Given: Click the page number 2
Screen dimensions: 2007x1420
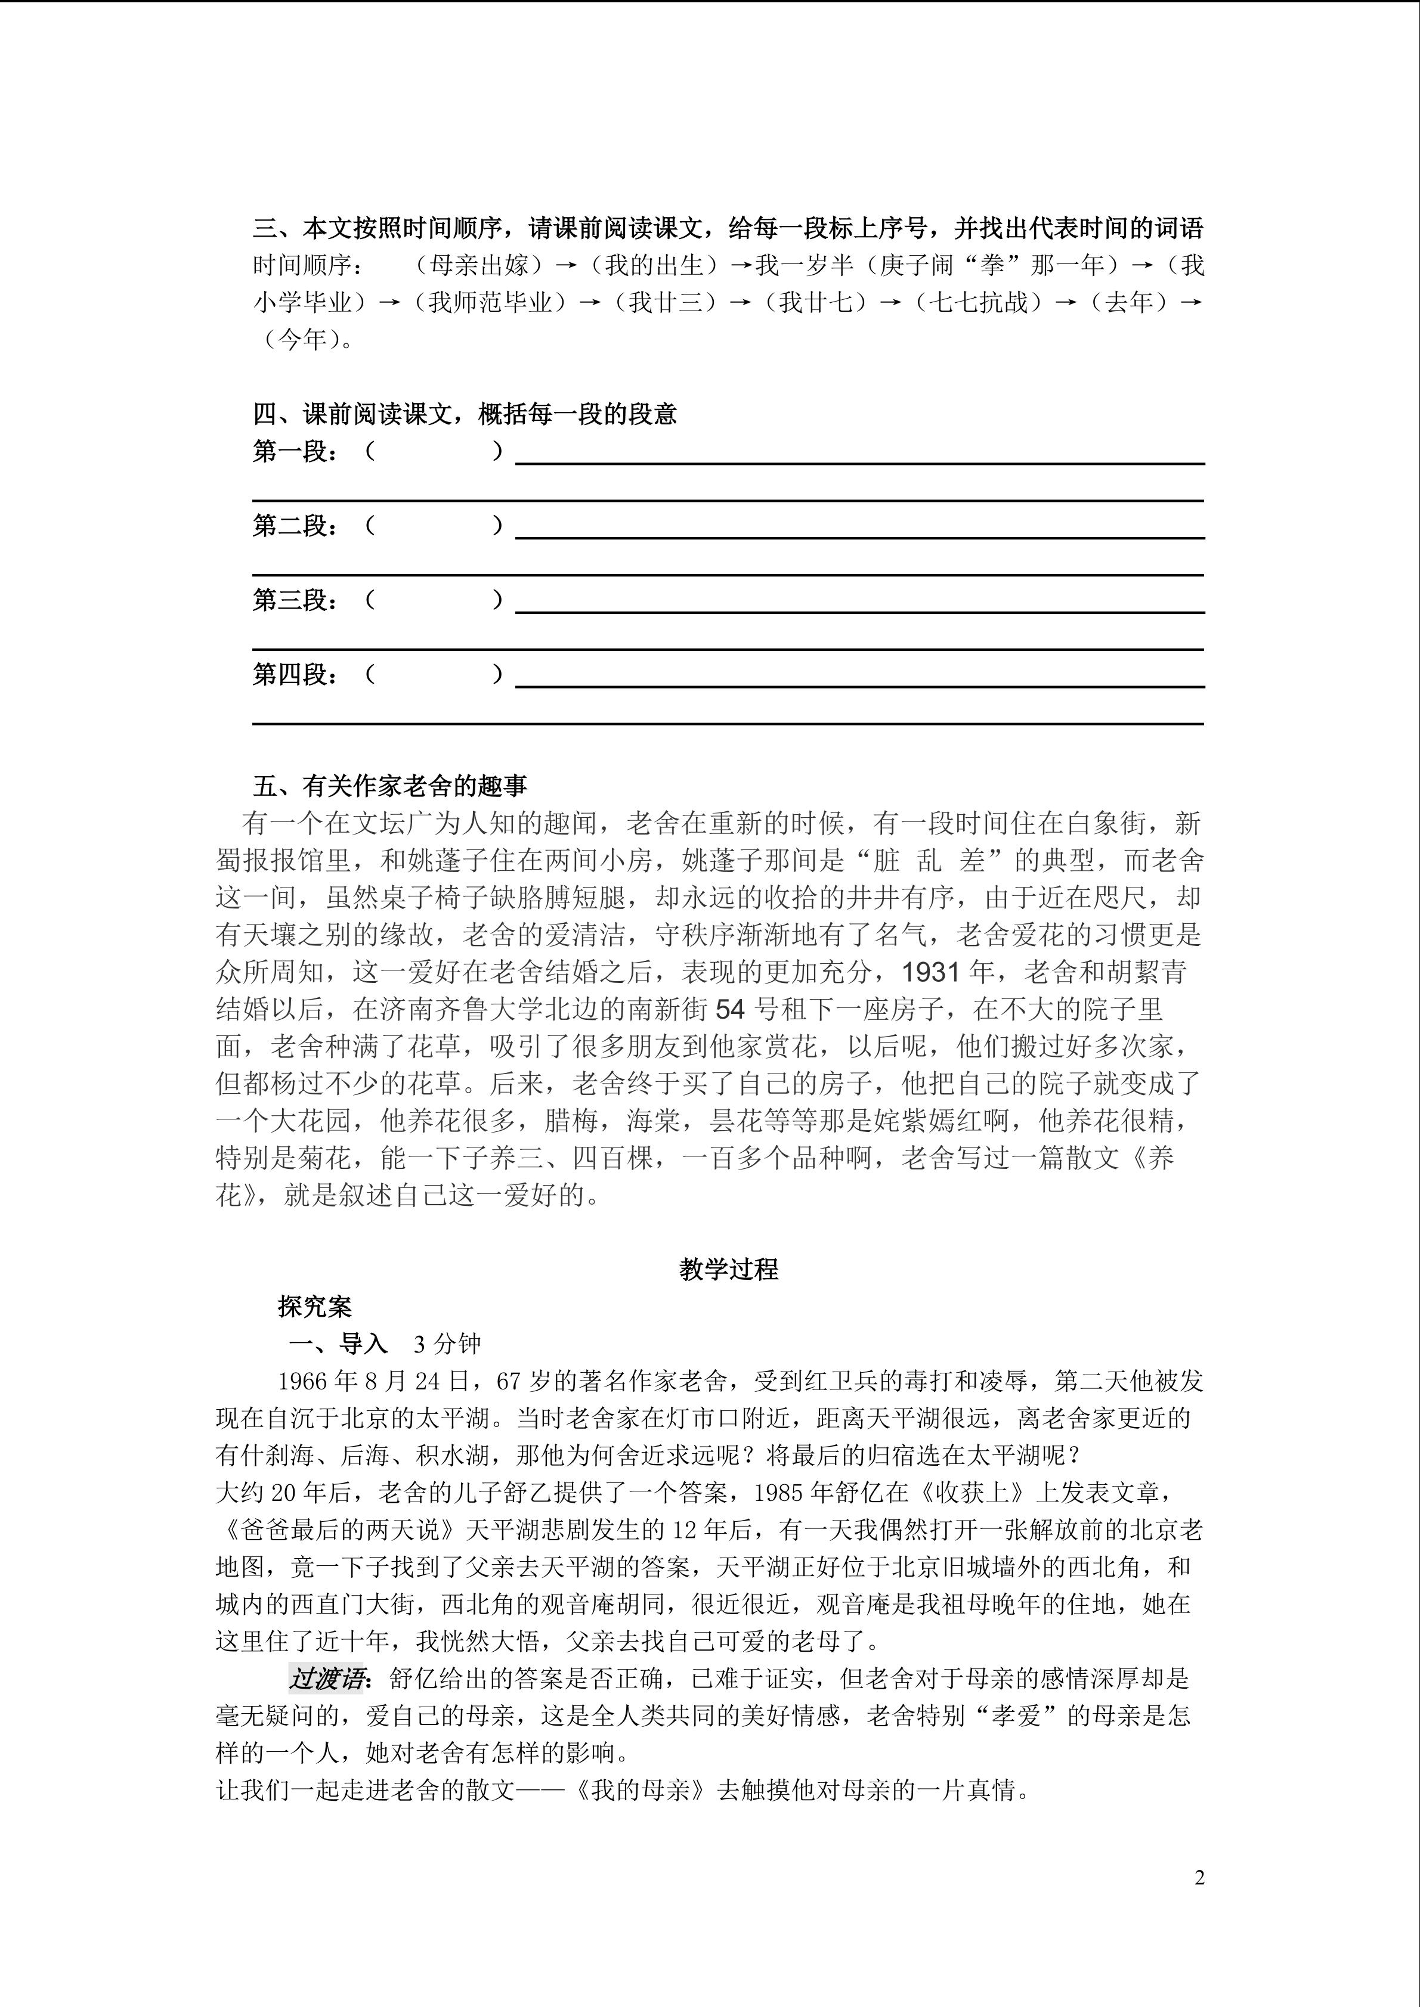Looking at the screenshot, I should click(x=1199, y=1878).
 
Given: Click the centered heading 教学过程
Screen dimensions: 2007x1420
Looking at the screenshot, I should click(x=728, y=1269).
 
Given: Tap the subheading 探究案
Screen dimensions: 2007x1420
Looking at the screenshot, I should click(x=315, y=1307).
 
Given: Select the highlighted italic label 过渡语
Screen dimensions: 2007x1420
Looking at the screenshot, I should click(x=325, y=1679).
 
